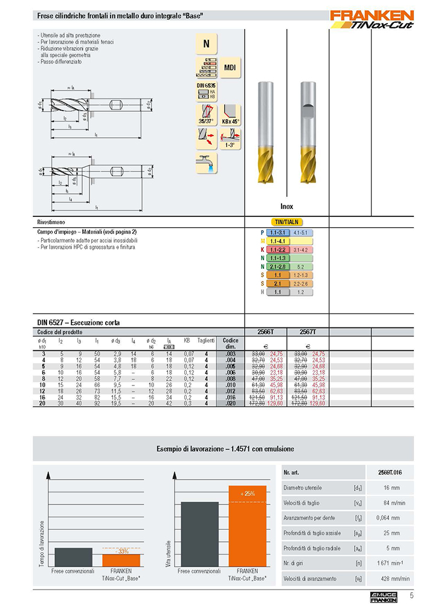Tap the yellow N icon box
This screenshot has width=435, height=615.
pyautogui.click(x=207, y=43)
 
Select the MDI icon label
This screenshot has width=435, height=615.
pyautogui.click(x=229, y=68)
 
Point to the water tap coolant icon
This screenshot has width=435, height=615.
pyautogui.click(x=207, y=164)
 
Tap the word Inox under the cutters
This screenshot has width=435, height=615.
pyautogui.click(x=286, y=207)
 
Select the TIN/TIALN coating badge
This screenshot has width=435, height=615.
pyautogui.click(x=286, y=222)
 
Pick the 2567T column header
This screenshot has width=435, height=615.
pyautogui.click(x=308, y=332)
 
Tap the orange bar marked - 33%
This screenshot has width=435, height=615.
pyautogui.click(x=121, y=559)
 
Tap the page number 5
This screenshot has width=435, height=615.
pyautogui.click(x=411, y=596)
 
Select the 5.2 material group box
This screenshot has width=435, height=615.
pyautogui.click(x=300, y=266)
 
